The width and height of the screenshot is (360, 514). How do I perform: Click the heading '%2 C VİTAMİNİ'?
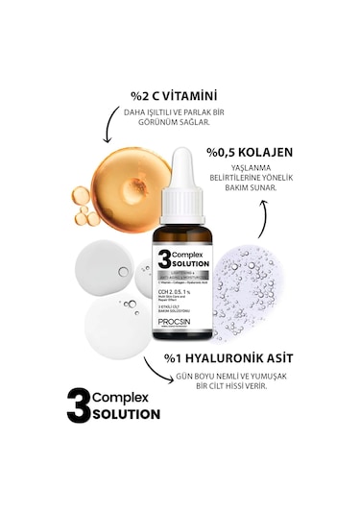click(x=174, y=96)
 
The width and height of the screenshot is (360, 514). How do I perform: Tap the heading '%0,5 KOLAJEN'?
click(x=250, y=153)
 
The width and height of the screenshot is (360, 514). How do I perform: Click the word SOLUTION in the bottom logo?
click(x=128, y=415)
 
